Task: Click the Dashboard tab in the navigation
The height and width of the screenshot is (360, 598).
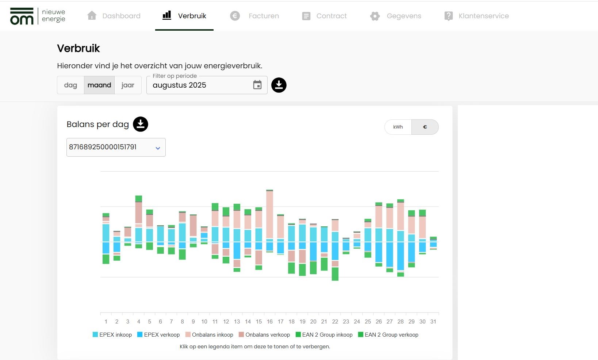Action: coord(114,16)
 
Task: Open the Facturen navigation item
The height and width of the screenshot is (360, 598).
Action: coord(255,16)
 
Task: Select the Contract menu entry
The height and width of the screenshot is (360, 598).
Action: coord(325,16)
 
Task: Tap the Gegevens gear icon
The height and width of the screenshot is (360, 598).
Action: coord(375,16)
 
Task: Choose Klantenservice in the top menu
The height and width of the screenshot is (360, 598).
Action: coord(476,16)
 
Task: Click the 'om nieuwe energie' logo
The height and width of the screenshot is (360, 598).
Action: coord(38,16)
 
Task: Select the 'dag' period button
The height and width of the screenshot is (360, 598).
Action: coord(70,85)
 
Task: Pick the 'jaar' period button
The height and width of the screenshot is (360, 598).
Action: coord(128,85)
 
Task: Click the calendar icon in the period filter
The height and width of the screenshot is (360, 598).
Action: coord(257,85)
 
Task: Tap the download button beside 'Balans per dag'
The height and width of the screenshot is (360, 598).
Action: coord(141,124)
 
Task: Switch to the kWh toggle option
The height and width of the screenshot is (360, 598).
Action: coord(398,127)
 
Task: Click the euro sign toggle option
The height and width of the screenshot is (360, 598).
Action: coord(425,127)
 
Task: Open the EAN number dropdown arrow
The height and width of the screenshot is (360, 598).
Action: coord(158,148)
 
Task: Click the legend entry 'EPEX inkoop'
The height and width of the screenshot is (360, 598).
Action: coord(112,334)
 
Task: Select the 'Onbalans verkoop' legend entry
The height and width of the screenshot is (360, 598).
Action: coord(264,334)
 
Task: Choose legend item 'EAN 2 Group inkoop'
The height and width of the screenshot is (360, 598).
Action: coord(324,334)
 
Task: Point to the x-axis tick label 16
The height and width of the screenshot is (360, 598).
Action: coord(270,322)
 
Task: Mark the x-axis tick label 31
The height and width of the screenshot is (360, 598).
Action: coord(433,322)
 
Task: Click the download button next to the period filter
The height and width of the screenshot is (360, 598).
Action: coord(279,85)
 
